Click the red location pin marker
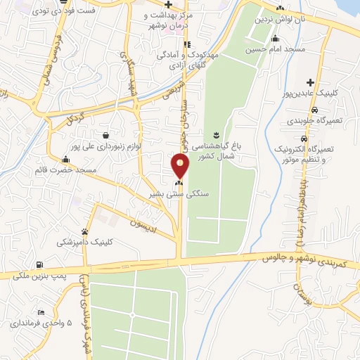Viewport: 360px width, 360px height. coord(181,166)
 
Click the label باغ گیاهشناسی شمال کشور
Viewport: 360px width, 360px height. coord(225,150)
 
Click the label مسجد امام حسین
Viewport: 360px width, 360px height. coord(264,50)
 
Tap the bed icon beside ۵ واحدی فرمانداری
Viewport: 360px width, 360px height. coord(41,312)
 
